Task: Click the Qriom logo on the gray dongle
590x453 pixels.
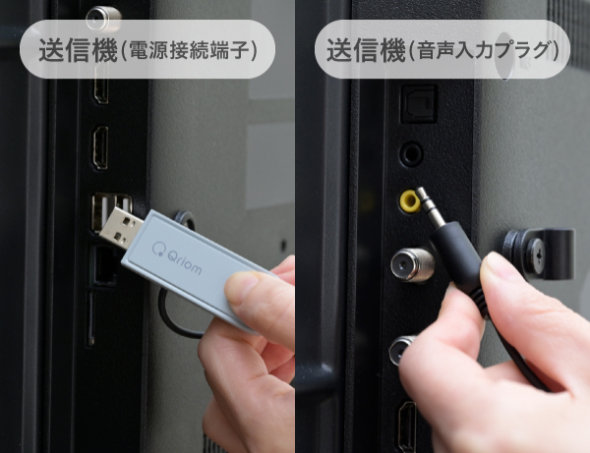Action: pyautogui.click(x=176, y=257)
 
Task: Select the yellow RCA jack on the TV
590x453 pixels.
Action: pyautogui.click(x=410, y=201)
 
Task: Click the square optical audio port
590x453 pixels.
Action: pyautogui.click(x=419, y=104)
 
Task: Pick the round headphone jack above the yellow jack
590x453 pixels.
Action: pyautogui.click(x=411, y=153)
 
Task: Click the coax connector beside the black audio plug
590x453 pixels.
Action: pyautogui.click(x=412, y=265)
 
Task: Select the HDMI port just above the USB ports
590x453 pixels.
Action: pyautogui.click(x=100, y=147)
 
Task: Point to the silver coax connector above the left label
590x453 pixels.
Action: pyautogui.click(x=103, y=18)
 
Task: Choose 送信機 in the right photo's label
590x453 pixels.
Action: pyautogui.click(x=366, y=50)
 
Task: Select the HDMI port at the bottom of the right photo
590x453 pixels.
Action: pyautogui.click(x=407, y=425)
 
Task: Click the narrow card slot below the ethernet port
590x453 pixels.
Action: pyautogui.click(x=90, y=317)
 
